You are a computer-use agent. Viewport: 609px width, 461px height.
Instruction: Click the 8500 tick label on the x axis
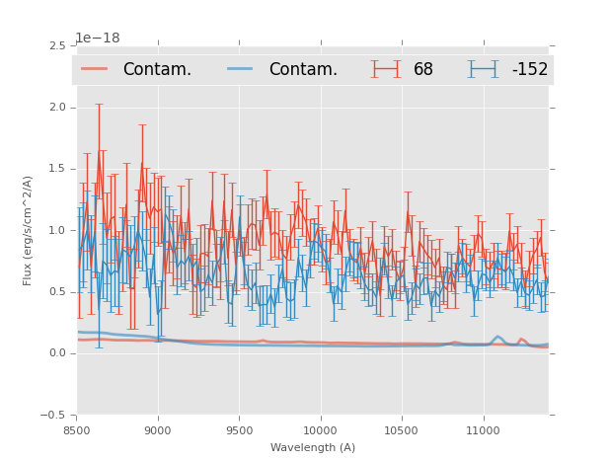point(77,430)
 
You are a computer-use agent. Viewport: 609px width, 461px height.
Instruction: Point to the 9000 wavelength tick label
point(158,430)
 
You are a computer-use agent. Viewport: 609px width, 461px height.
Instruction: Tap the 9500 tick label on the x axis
point(239,430)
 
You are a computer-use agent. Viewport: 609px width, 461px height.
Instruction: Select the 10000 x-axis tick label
point(320,430)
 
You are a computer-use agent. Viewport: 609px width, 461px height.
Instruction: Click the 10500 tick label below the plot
point(402,430)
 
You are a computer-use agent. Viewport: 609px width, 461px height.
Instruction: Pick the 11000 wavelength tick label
point(483,430)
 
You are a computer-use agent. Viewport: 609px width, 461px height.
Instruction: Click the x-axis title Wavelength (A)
point(313,447)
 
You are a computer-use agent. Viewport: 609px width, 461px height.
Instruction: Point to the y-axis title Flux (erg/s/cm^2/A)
point(29,230)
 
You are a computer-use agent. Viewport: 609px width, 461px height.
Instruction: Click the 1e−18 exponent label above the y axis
point(98,38)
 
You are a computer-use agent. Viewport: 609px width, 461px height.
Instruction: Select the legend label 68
point(423,69)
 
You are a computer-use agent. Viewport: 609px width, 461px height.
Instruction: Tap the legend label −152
point(529,69)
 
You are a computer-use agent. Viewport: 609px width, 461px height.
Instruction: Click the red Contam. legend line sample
point(95,68)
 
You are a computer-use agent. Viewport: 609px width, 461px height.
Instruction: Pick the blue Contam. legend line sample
point(241,68)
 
